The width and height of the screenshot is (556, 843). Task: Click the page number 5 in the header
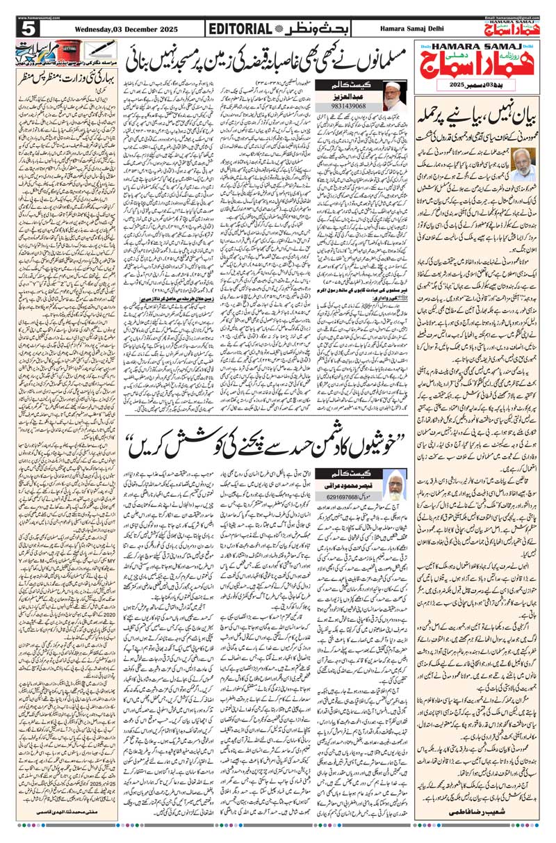tap(28, 29)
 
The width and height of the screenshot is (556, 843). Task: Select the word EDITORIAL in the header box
tap(239, 29)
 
